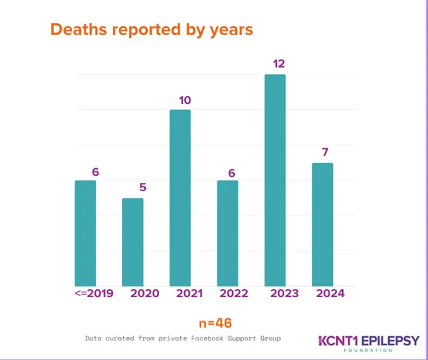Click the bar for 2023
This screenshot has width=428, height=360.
pos(275,180)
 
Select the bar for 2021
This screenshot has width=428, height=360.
pos(180,198)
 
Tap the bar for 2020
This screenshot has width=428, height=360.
pos(132,242)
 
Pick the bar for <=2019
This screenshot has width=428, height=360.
pos(85,233)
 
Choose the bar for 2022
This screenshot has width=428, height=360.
pos(228,233)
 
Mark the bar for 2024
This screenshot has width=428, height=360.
pos(323,224)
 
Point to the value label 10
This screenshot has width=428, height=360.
pos(184,100)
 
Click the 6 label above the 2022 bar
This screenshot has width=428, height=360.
pos(232,173)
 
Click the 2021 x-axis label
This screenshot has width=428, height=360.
pos(189,293)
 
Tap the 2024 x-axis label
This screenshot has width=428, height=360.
pos(330,293)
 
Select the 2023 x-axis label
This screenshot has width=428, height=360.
pos(285,293)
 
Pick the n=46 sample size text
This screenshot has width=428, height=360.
pos(215,324)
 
